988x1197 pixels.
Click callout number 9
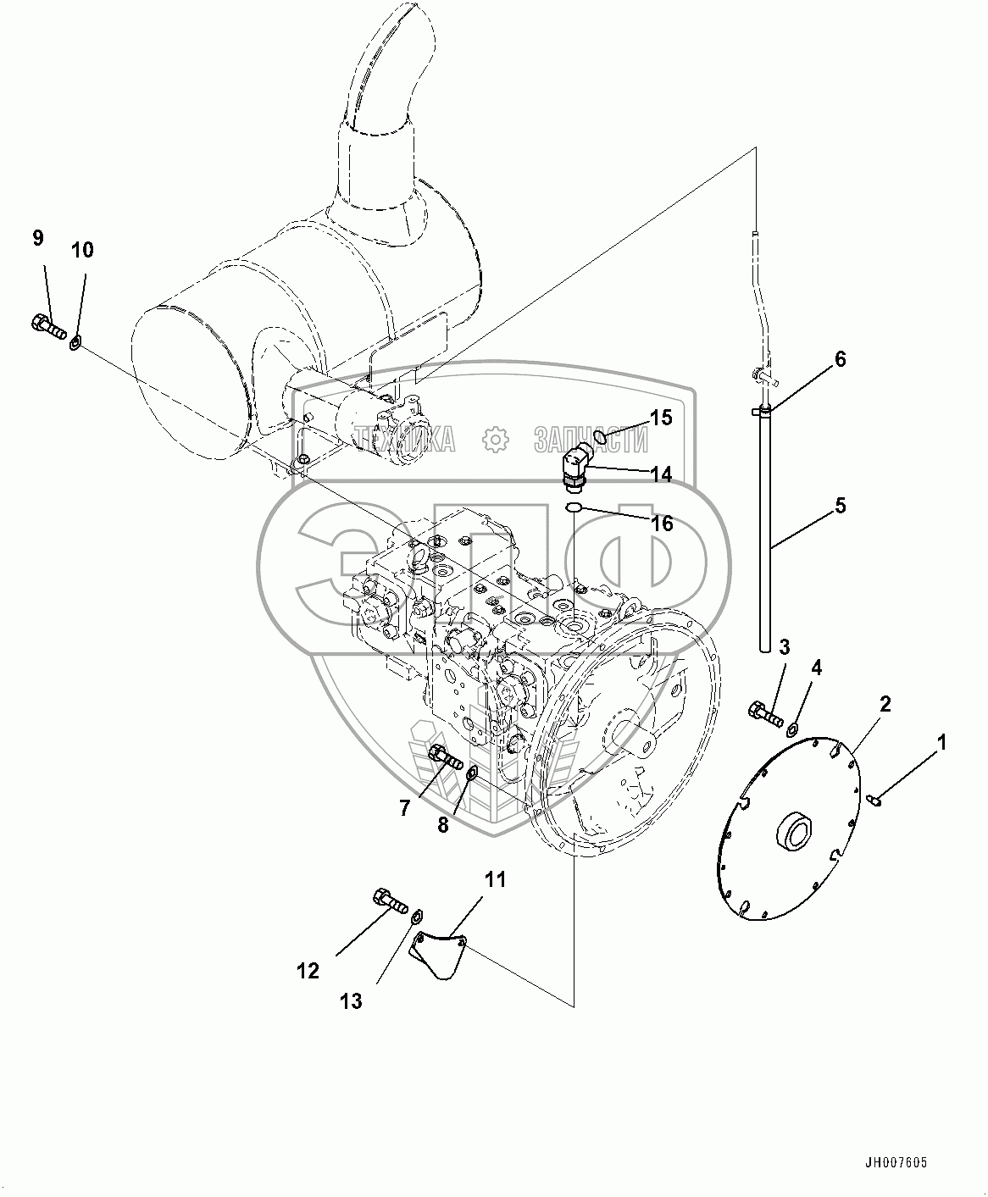pos(38,238)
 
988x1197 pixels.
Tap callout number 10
pos(82,251)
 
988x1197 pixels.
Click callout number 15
pos(661,418)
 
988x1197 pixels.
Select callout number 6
pos(840,359)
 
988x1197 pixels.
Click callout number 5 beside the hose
pos(840,506)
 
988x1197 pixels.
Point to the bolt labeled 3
pos(766,714)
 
